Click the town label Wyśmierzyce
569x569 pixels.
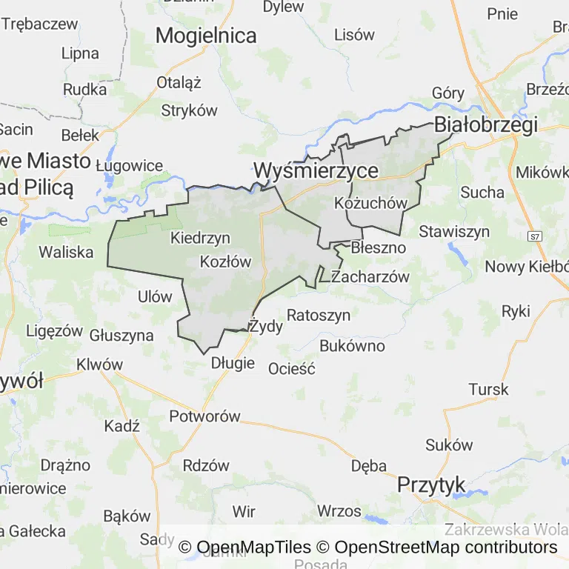click(x=316, y=171)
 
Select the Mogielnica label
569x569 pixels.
click(x=206, y=36)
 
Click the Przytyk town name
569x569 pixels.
click(x=431, y=485)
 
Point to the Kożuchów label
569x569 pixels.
click(x=371, y=203)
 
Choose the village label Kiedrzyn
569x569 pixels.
click(x=200, y=238)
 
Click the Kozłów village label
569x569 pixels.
click(x=226, y=262)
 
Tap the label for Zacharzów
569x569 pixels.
click(x=370, y=277)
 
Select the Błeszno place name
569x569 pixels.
click(x=379, y=247)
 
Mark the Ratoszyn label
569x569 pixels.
click(x=319, y=315)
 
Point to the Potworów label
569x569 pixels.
click(x=205, y=416)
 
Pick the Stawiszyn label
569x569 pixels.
click(x=454, y=232)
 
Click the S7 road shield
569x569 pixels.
click(x=534, y=236)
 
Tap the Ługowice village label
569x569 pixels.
click(x=134, y=165)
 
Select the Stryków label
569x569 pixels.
click(x=190, y=110)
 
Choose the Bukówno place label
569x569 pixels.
click(x=353, y=346)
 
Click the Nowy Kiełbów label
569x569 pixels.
click(x=527, y=267)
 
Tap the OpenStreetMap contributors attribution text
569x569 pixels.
click(x=445, y=548)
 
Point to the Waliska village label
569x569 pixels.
click(x=67, y=252)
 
